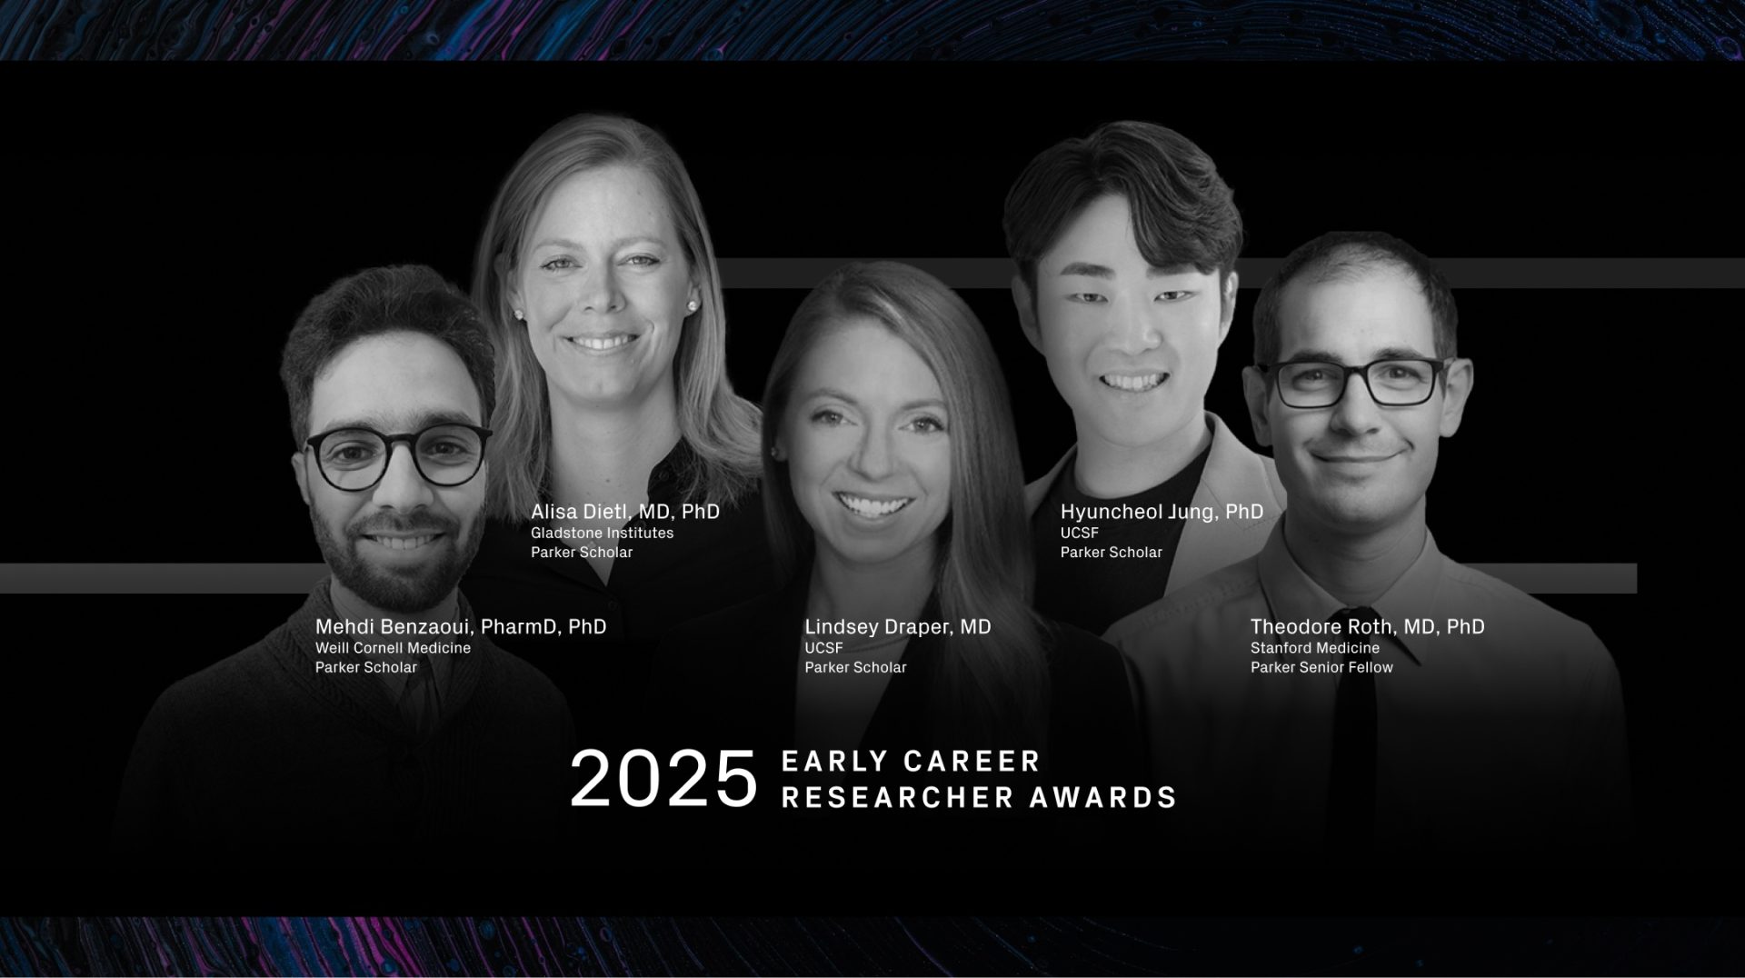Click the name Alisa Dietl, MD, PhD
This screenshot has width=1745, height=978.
point(625,512)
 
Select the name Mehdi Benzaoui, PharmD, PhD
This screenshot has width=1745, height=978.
point(461,627)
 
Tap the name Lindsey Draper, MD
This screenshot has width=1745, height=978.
point(898,627)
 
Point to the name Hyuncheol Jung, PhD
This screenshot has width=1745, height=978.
point(1162,512)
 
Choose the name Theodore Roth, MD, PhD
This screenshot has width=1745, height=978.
point(1368,627)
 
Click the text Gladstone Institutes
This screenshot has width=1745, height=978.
point(602,533)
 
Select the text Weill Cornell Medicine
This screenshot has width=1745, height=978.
point(393,648)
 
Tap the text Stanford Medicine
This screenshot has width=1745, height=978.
point(1314,648)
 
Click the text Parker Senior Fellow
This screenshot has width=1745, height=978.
point(1321,667)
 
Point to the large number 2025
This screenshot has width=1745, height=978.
point(663,779)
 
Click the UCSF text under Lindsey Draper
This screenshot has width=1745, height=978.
point(823,648)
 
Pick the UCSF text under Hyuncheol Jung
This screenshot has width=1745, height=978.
point(1079,533)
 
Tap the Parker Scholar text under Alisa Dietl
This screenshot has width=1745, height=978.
point(582,552)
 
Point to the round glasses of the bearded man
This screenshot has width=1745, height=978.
point(398,454)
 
